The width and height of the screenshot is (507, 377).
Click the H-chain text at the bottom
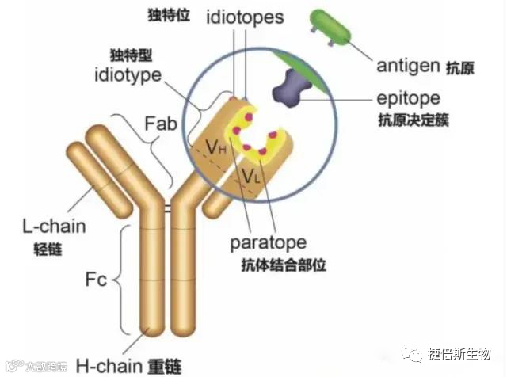pyautogui.click(x=109, y=365)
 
